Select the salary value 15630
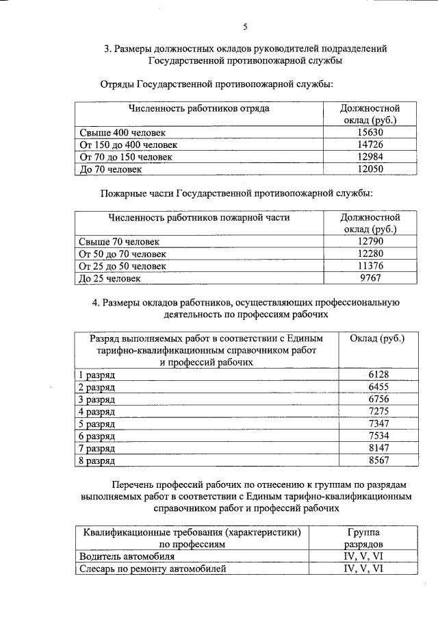(x=370, y=132)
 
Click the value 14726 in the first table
(x=370, y=145)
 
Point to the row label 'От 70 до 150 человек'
(x=128, y=157)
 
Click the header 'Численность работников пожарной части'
(x=199, y=218)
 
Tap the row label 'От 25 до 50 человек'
(x=123, y=266)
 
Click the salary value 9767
(x=370, y=278)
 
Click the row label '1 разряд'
(x=97, y=375)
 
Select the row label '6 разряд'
(x=97, y=436)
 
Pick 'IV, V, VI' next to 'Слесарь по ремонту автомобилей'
(x=363, y=569)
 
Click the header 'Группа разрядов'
(x=363, y=538)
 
